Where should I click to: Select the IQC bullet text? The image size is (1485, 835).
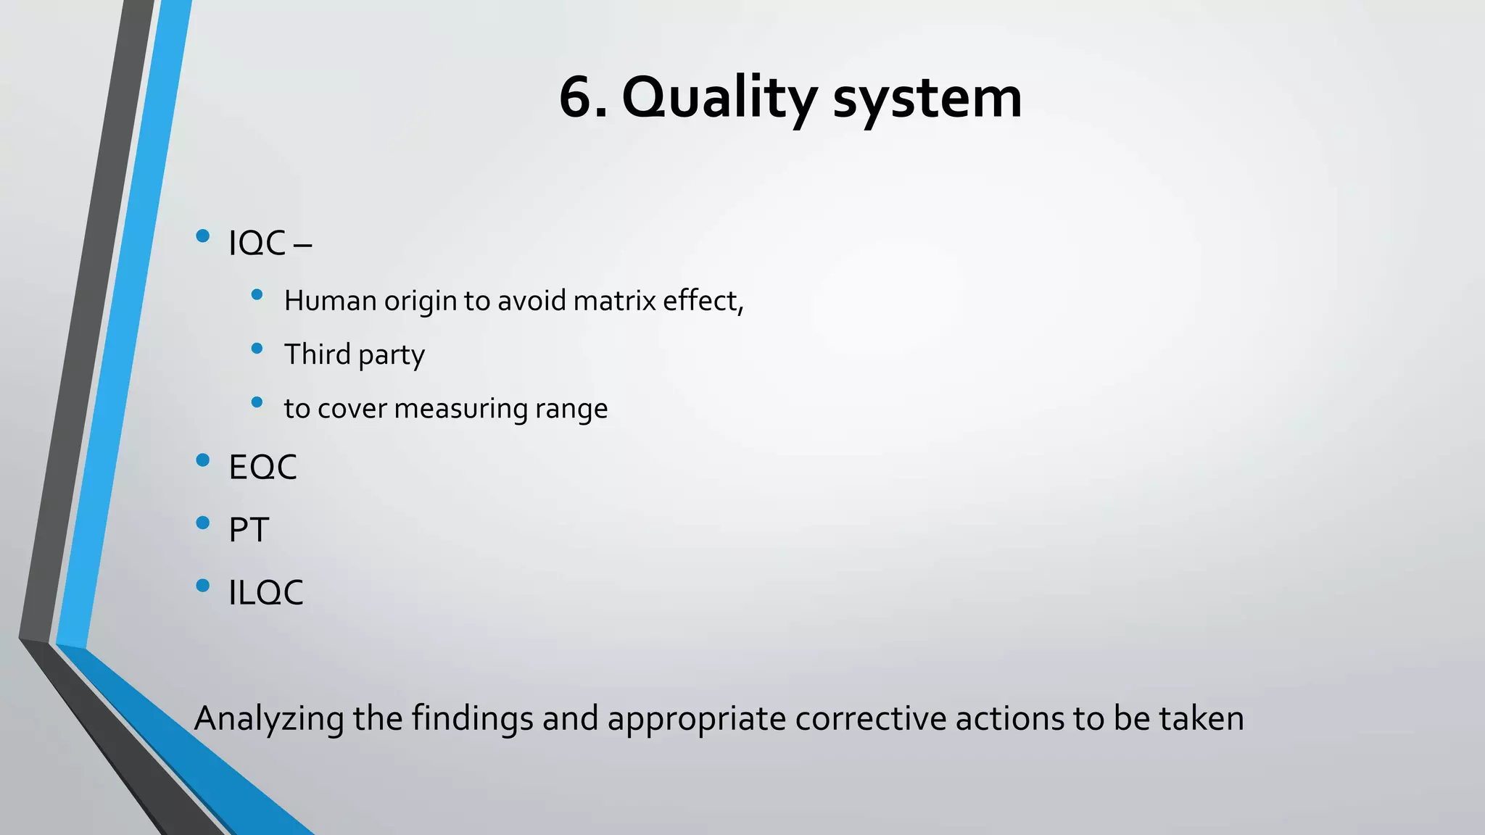pos(257,244)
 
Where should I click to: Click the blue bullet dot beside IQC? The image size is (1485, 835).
pos(203,236)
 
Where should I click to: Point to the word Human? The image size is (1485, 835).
pos(330,301)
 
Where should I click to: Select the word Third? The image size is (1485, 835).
pos(317,354)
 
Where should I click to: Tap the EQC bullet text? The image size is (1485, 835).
pos(262,468)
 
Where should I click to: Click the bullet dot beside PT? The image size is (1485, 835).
pos(203,523)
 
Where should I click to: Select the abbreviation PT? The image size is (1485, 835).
pos(249,530)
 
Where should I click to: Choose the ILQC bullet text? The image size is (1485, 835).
pos(265,593)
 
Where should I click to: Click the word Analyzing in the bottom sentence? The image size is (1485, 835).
pos(269,719)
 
